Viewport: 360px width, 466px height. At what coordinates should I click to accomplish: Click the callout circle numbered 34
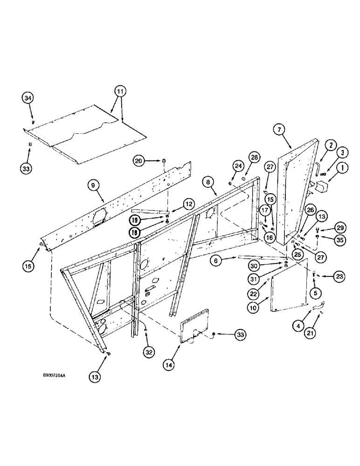(28, 98)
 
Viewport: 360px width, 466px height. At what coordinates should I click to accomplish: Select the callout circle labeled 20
(138, 161)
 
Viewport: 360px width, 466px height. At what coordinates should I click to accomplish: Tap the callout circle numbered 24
(238, 166)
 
